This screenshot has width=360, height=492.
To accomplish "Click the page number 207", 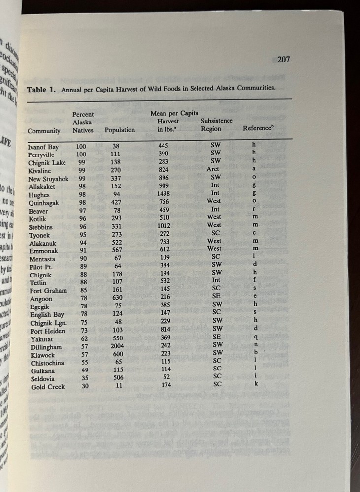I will pyautogui.click(x=283, y=60).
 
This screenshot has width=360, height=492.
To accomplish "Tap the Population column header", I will pyautogui.click(x=120, y=130).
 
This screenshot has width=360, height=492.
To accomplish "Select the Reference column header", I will pyautogui.click(x=257, y=128).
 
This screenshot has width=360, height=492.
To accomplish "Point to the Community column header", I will pyautogui.click(x=44, y=131).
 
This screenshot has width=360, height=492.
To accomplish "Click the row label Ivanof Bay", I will pyautogui.click(x=43, y=147).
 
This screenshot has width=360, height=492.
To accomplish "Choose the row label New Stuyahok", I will pyautogui.click(x=48, y=179).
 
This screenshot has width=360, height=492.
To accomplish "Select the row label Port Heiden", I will pyautogui.click(x=46, y=331).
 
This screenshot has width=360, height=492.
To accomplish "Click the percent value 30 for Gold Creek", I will pyautogui.click(x=81, y=387).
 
